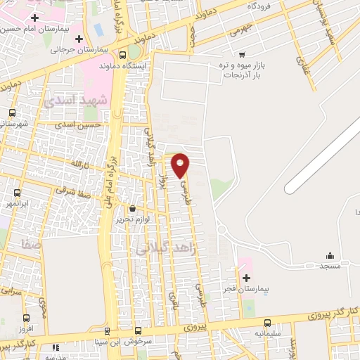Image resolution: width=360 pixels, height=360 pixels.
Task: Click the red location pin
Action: [181, 165]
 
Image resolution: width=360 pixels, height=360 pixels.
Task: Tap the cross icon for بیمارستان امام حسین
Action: [34, 17]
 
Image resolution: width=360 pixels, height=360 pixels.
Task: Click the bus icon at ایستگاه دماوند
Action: [124, 53]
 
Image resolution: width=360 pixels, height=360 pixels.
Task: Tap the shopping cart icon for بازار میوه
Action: [242, 54]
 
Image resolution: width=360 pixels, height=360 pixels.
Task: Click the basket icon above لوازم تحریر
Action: [132, 208]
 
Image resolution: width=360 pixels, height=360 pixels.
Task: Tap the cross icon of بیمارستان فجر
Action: [246, 278]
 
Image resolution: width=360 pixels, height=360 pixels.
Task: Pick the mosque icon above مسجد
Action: [330, 255]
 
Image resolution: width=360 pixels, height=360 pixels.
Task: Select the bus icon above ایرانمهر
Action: [17, 192]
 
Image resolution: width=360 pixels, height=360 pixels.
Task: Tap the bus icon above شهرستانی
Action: [11, 112]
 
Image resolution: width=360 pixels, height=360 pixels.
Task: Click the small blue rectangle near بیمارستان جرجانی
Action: [97, 30]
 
